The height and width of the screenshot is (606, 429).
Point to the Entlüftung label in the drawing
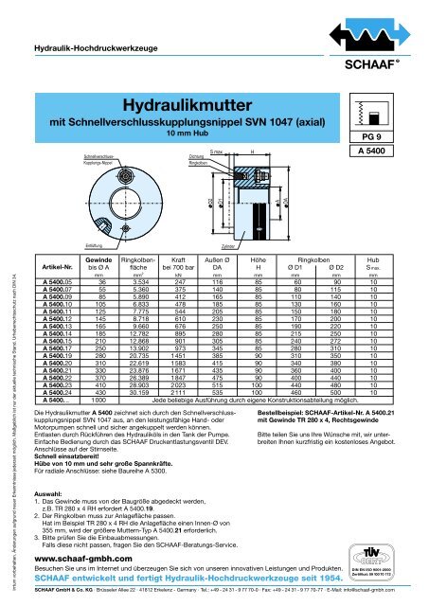[68, 244]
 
